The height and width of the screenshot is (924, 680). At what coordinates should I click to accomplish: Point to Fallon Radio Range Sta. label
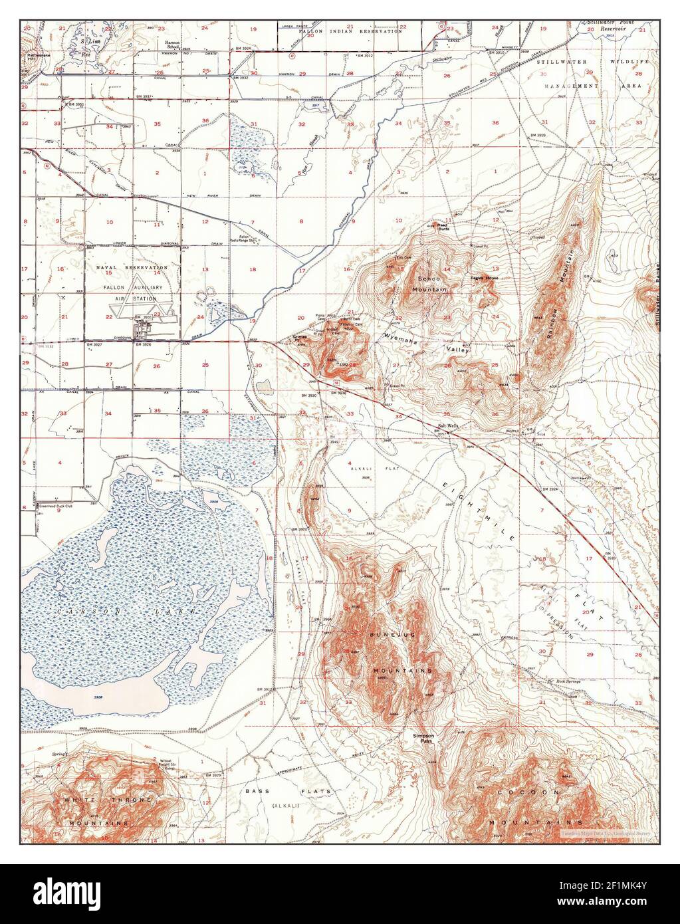click(244, 240)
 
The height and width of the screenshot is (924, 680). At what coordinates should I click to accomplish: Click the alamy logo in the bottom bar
click(66, 894)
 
